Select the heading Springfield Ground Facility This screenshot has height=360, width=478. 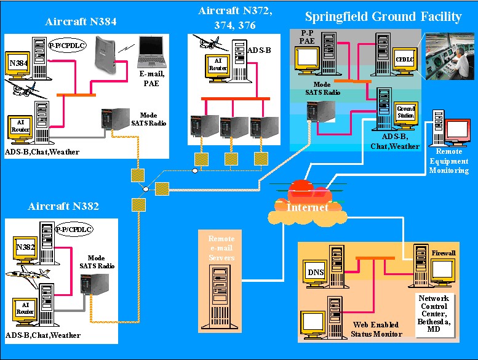click(x=383, y=17)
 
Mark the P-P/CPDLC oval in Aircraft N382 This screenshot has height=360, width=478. click(x=69, y=230)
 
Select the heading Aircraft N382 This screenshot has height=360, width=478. click(x=63, y=206)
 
